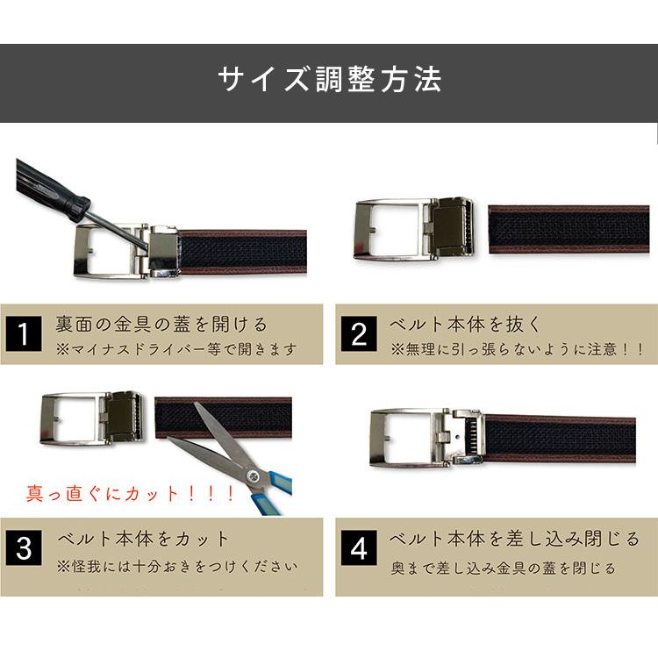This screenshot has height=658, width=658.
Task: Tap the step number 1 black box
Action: (25, 333)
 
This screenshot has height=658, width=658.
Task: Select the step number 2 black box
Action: (359, 334)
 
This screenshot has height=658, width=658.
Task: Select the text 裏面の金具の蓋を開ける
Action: (161, 325)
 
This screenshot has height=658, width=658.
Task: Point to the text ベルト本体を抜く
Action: (466, 325)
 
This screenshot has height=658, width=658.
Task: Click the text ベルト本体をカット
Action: (144, 538)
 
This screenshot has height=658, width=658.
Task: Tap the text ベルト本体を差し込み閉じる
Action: (514, 538)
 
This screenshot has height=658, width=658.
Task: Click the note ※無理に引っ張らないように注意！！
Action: (519, 349)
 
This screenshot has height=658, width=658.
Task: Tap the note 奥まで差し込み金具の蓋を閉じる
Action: (504, 568)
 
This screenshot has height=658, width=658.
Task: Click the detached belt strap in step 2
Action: (569, 229)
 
